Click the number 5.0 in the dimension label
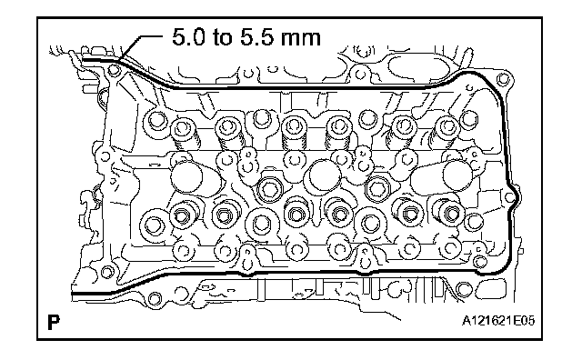[x=188, y=37]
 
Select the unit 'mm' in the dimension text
[x=300, y=39]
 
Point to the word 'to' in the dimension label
[x=223, y=37]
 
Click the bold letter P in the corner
[x=54, y=322]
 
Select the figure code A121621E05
[x=498, y=321]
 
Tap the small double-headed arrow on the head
[x=155, y=164]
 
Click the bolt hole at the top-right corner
[x=503, y=79]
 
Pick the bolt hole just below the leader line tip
[x=113, y=70]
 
